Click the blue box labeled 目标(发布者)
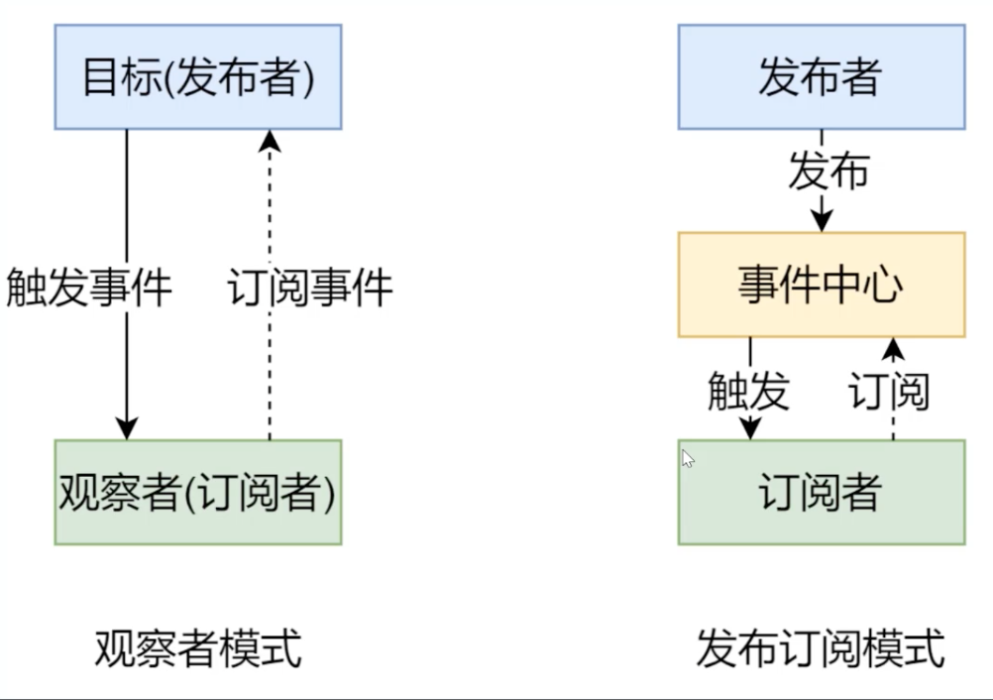point(198,76)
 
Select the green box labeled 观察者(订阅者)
point(198,492)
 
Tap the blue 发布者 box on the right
point(822,76)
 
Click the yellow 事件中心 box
point(822,285)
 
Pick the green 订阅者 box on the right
point(822,492)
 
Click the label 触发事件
point(89,288)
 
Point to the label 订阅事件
point(309,288)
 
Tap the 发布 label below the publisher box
point(828,172)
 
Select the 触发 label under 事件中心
point(748,391)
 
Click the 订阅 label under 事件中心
point(889,391)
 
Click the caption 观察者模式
point(198,648)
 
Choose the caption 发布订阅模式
point(821,648)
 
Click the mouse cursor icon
point(688,459)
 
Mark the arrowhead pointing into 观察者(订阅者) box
point(127,429)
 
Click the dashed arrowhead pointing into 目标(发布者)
point(270,141)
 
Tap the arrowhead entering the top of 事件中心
point(822,222)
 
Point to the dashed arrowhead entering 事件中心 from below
point(893,348)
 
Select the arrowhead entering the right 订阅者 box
point(750,429)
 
